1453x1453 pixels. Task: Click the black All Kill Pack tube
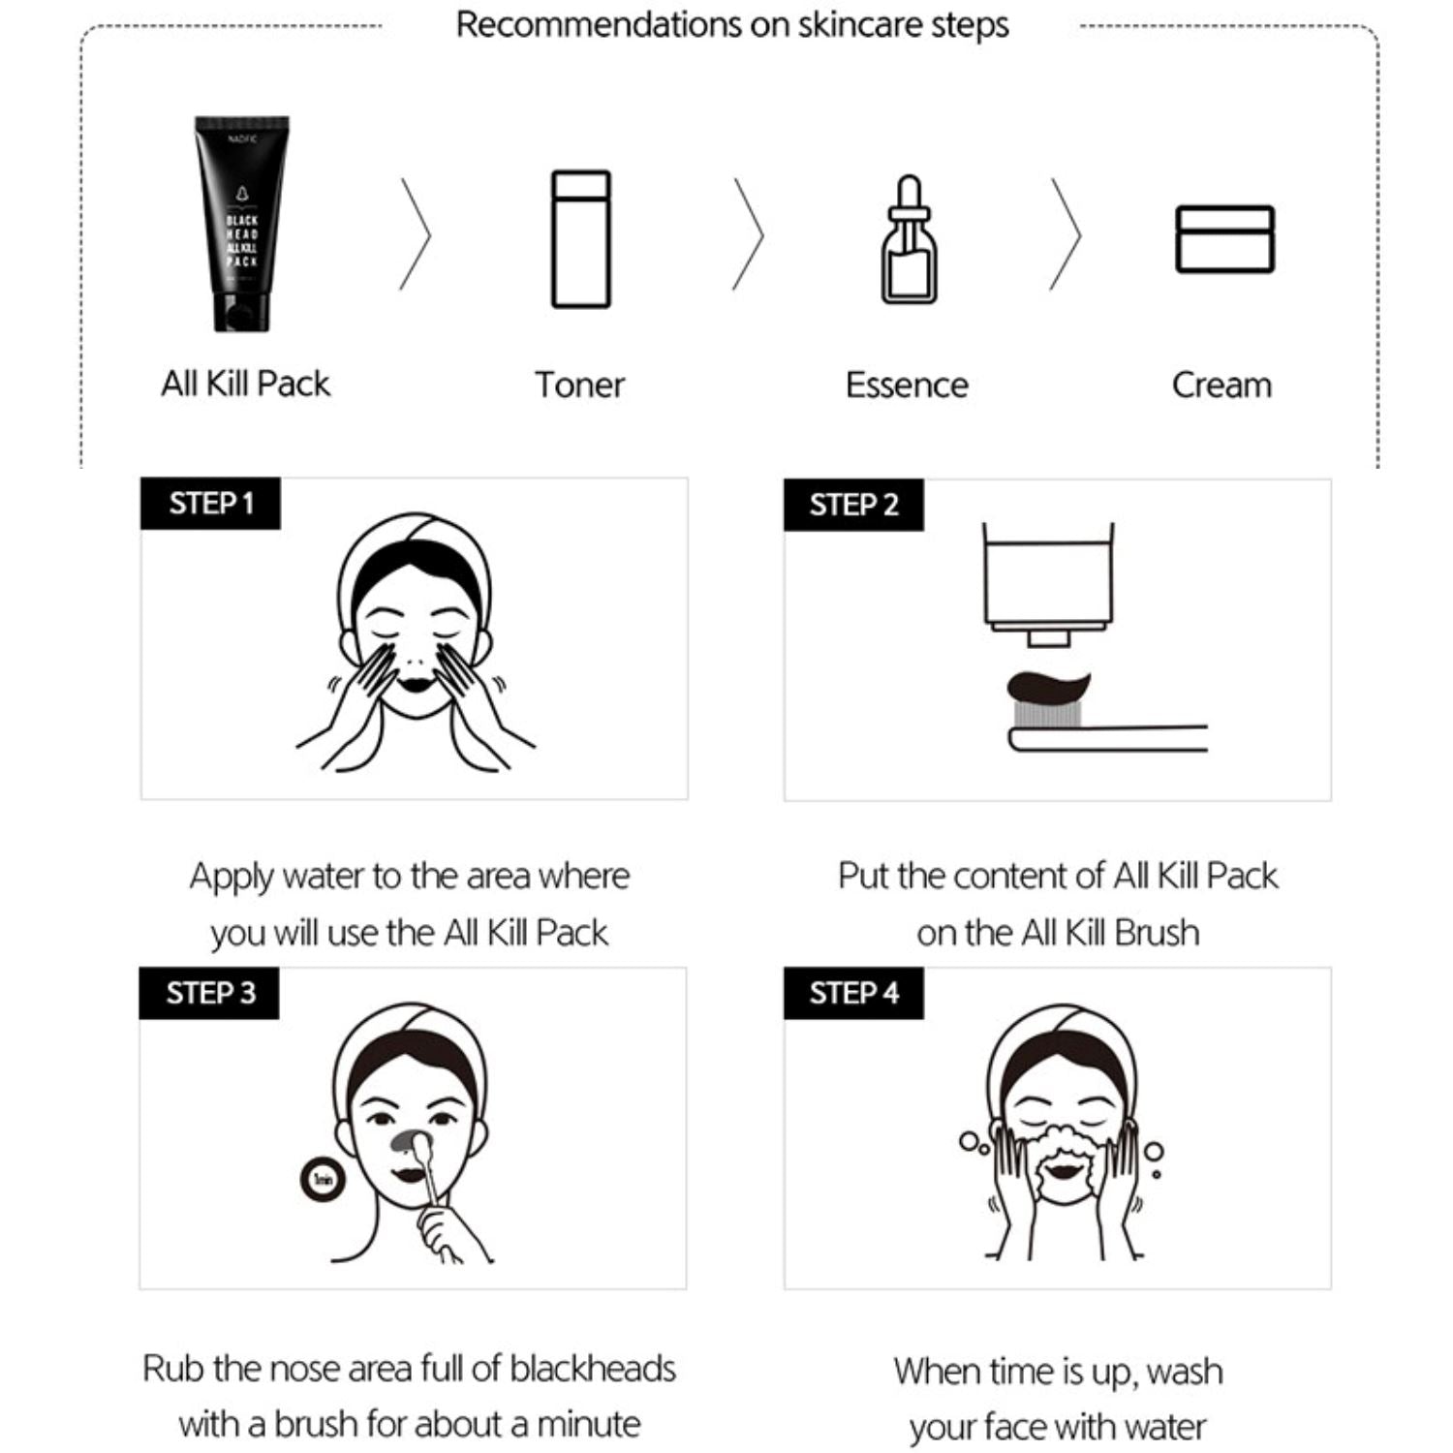coord(241,224)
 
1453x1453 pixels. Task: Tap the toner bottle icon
coord(580,239)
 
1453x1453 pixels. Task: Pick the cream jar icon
coord(1224,239)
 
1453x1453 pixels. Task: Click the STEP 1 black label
coord(210,504)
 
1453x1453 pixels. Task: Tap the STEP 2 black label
coord(853,505)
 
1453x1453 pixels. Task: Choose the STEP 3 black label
coord(209,993)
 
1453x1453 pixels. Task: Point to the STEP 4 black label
coord(853,993)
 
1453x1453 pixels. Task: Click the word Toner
coord(579,386)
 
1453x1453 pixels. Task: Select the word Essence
coord(907,386)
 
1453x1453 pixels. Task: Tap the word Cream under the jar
coord(1221,386)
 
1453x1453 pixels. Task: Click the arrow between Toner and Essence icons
coord(748,234)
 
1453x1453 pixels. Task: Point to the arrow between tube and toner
coord(415,234)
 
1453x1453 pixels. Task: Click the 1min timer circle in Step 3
coord(324,1179)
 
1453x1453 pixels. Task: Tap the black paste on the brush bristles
coord(1048,686)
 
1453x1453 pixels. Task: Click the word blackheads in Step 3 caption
coord(593,1369)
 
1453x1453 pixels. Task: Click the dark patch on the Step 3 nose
coord(405,1140)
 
